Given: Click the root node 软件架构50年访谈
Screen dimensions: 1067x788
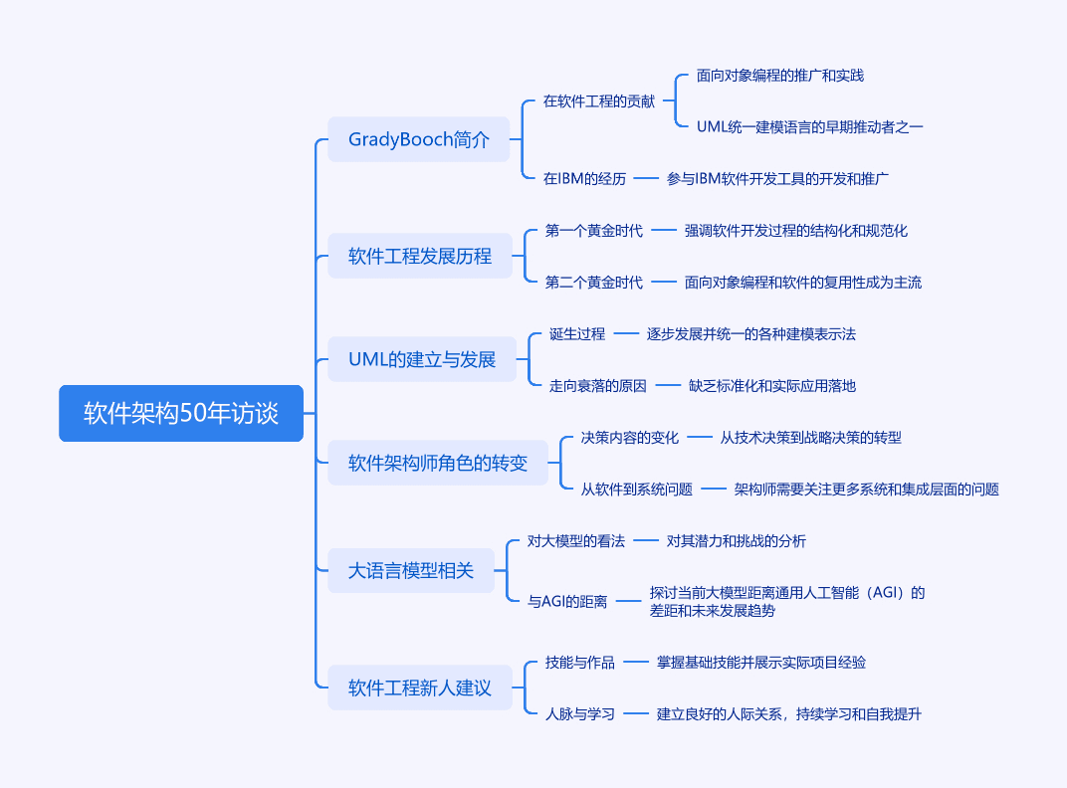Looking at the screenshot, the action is [x=181, y=413].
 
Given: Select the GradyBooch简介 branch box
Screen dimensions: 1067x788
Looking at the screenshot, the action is [x=418, y=139].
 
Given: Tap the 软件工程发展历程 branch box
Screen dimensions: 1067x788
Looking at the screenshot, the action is [x=420, y=256].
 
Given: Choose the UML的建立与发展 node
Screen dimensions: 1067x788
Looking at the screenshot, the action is [x=422, y=359].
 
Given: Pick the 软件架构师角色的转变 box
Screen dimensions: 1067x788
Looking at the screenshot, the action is [x=438, y=463].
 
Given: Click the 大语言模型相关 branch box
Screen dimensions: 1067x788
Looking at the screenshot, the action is [x=411, y=570].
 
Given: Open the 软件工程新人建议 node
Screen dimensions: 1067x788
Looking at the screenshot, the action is [x=420, y=688].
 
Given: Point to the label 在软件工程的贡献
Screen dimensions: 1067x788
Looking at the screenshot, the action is [x=599, y=101].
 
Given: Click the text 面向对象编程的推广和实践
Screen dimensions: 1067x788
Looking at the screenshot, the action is [x=779, y=76].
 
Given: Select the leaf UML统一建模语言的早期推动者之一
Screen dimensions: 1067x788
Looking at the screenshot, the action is [x=810, y=127].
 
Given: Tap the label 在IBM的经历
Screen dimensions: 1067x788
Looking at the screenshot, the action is [x=584, y=179].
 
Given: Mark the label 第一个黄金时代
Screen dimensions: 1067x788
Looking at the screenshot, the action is [x=594, y=231].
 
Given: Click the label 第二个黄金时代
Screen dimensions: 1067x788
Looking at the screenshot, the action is [x=594, y=283].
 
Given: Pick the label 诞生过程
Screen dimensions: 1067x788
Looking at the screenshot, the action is [x=577, y=334].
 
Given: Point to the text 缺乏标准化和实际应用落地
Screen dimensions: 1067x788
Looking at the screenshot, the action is [x=772, y=386].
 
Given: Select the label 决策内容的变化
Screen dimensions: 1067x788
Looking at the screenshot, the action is [x=629, y=438].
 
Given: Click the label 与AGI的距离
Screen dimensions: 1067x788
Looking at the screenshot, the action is [x=567, y=602].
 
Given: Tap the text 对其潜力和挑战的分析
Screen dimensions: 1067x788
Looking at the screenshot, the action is [x=737, y=541].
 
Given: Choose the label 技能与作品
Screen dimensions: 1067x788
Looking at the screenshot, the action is [x=579, y=662].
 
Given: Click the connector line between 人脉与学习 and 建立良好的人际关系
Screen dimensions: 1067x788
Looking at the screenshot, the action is [x=636, y=713].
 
